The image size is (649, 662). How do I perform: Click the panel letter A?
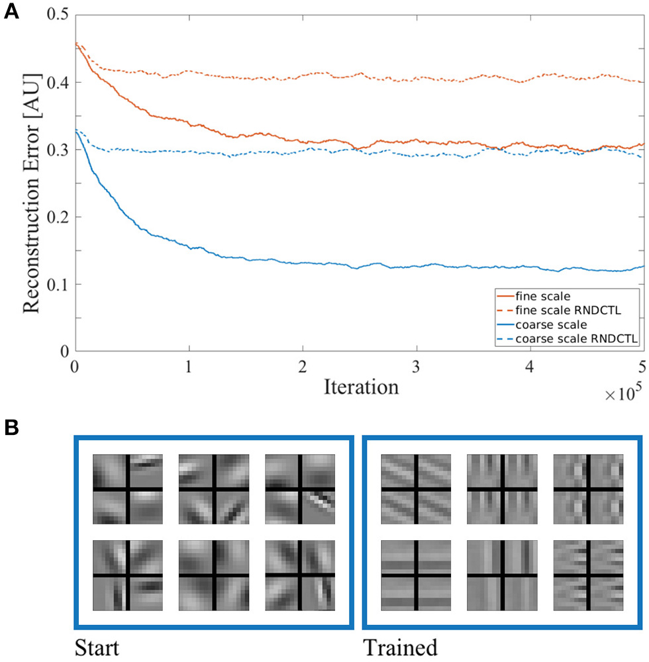(x=11, y=11)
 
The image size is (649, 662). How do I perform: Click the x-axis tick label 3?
(x=417, y=366)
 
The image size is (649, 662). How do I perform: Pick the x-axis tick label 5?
(x=642, y=366)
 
